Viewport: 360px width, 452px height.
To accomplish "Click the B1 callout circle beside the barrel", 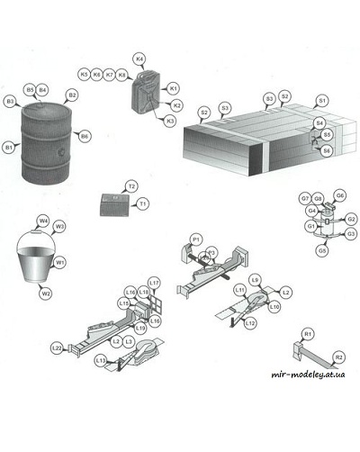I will (9, 147).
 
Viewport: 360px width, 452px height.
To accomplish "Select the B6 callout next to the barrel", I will (85, 135).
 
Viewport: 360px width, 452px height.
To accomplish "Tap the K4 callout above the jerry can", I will (139, 59).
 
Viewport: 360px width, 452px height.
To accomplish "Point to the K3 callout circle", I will (170, 120).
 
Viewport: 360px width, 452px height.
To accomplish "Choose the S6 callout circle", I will (327, 150).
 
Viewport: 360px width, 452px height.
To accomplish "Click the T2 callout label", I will (131, 185).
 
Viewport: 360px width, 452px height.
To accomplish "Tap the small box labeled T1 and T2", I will (114, 201).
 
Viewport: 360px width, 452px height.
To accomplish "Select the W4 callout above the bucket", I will (42, 221).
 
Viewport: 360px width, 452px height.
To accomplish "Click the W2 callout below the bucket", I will (45, 293).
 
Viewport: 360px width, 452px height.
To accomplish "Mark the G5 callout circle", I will (321, 251).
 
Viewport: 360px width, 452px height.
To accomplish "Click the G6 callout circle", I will (339, 195).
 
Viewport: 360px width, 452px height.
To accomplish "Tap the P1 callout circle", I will (195, 239).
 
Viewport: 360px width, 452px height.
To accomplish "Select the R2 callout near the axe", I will (339, 357).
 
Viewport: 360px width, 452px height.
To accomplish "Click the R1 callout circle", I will (307, 334).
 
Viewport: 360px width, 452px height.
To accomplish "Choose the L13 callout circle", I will (100, 360).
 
